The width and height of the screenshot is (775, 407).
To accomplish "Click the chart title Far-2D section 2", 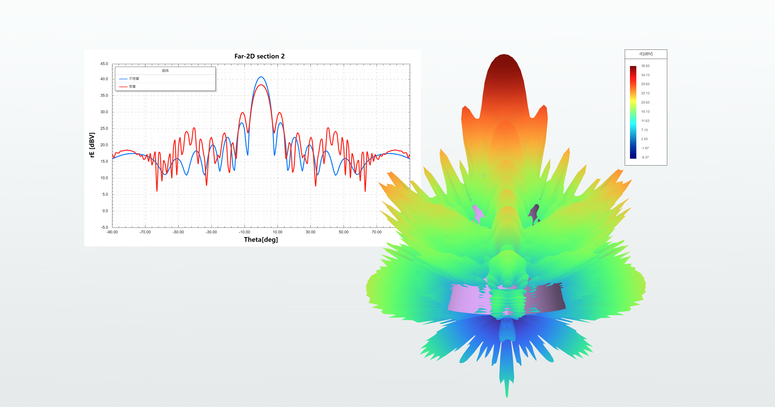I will [x=259, y=56].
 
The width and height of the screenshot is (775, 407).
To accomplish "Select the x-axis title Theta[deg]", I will [x=261, y=240].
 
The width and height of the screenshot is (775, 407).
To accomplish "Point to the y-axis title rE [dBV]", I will [x=92, y=145].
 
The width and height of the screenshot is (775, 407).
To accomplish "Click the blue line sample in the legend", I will [x=123, y=79].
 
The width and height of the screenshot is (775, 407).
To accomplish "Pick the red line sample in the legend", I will [x=123, y=87].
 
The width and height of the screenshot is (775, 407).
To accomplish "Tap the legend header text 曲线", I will [x=165, y=71].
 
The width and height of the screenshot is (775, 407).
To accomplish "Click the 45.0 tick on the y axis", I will [x=104, y=64].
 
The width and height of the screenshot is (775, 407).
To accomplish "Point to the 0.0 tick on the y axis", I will [x=105, y=211].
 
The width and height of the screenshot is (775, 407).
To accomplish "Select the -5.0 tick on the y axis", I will [x=104, y=227].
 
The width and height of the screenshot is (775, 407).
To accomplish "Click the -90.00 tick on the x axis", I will [x=112, y=232].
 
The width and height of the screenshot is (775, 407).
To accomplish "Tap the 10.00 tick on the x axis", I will [x=277, y=232].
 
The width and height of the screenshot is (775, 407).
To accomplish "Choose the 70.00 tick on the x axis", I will [x=376, y=232].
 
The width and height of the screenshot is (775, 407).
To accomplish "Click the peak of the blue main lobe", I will [x=261, y=77].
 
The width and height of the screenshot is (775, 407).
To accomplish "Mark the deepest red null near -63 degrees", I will [x=157, y=191].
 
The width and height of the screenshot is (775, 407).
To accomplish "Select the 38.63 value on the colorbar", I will [x=645, y=66].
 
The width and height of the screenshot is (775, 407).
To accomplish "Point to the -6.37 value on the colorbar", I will [x=645, y=157].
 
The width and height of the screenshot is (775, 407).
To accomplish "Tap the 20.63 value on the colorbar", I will [x=645, y=103].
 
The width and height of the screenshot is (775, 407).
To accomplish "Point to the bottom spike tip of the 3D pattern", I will [x=507, y=396].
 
